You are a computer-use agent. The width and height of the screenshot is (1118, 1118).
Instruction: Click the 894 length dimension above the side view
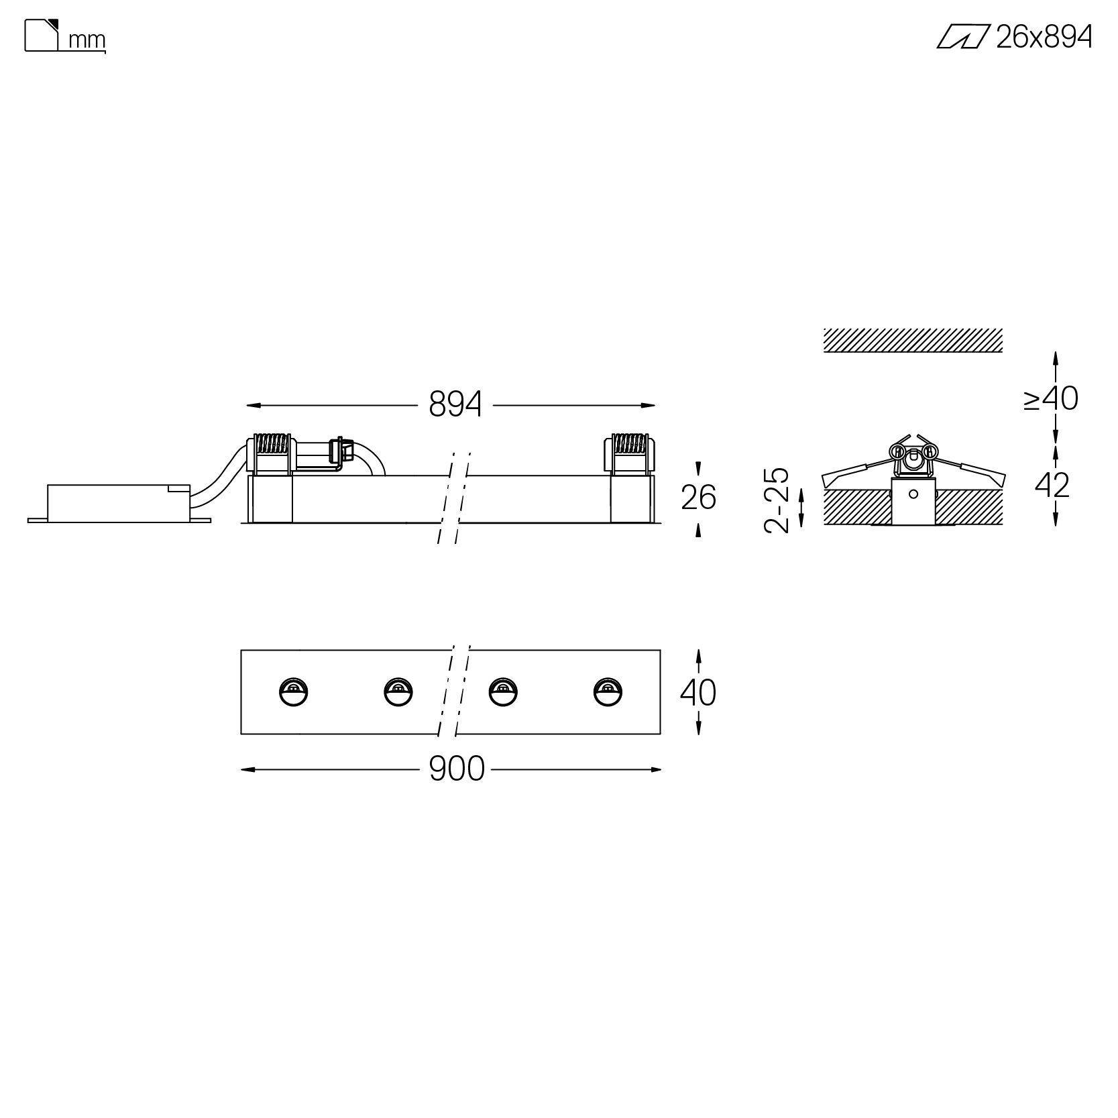[x=455, y=404]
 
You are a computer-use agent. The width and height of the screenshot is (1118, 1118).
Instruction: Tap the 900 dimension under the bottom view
[x=456, y=769]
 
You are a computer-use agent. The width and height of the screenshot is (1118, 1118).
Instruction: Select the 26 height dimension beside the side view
[x=698, y=498]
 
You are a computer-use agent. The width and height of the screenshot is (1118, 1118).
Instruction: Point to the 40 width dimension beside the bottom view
[x=698, y=692]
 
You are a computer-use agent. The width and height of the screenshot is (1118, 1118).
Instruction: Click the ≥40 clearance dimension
[x=1050, y=398]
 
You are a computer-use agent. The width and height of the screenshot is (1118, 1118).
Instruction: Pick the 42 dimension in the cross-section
[x=1052, y=485]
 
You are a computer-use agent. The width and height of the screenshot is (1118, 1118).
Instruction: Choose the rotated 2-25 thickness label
[x=777, y=500]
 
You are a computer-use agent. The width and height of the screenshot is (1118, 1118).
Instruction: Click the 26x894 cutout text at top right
[x=1044, y=37]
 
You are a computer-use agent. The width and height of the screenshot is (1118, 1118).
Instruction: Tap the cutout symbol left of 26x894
[x=963, y=37]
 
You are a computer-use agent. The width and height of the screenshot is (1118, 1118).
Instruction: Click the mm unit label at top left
[x=87, y=41]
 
